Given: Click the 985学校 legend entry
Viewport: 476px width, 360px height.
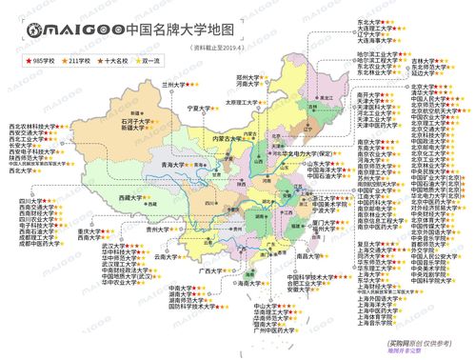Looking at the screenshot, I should pos(39,60).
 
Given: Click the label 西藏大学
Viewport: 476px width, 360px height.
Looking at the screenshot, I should pos(132,198).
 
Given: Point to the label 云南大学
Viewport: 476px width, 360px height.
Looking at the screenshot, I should pos(167,256).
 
